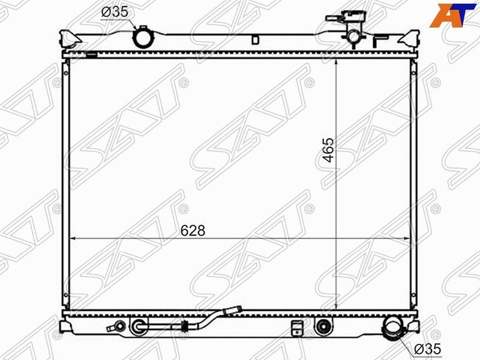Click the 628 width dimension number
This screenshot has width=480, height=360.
click(x=193, y=230)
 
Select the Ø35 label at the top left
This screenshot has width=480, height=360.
click(x=115, y=12)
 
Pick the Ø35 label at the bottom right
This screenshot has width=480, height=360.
click(x=427, y=349)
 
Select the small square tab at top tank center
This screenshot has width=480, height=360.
click(x=255, y=40)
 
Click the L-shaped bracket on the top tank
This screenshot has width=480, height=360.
click(x=380, y=41)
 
